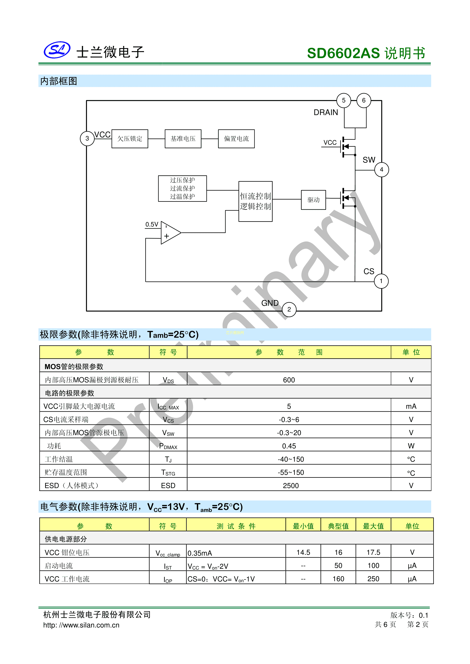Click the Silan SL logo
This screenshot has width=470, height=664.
click(57, 50)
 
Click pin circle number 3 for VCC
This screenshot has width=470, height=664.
click(87, 139)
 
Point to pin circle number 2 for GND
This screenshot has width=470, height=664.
click(289, 309)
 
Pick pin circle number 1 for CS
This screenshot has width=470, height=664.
click(381, 281)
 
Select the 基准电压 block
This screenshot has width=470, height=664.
click(183, 139)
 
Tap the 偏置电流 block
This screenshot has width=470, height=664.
click(236, 139)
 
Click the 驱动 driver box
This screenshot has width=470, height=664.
click(314, 200)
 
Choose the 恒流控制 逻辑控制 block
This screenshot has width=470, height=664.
click(256, 202)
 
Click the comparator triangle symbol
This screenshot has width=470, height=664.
click(171, 233)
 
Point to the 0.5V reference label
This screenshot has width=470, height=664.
click(152, 224)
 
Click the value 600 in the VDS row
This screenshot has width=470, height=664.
click(289, 380)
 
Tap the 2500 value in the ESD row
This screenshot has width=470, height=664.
click(291, 486)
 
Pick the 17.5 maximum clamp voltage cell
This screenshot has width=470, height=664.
click(373, 553)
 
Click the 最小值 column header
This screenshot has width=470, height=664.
click(303, 526)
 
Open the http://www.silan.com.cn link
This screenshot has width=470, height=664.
click(81, 625)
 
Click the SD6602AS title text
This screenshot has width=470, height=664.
click(343, 53)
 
